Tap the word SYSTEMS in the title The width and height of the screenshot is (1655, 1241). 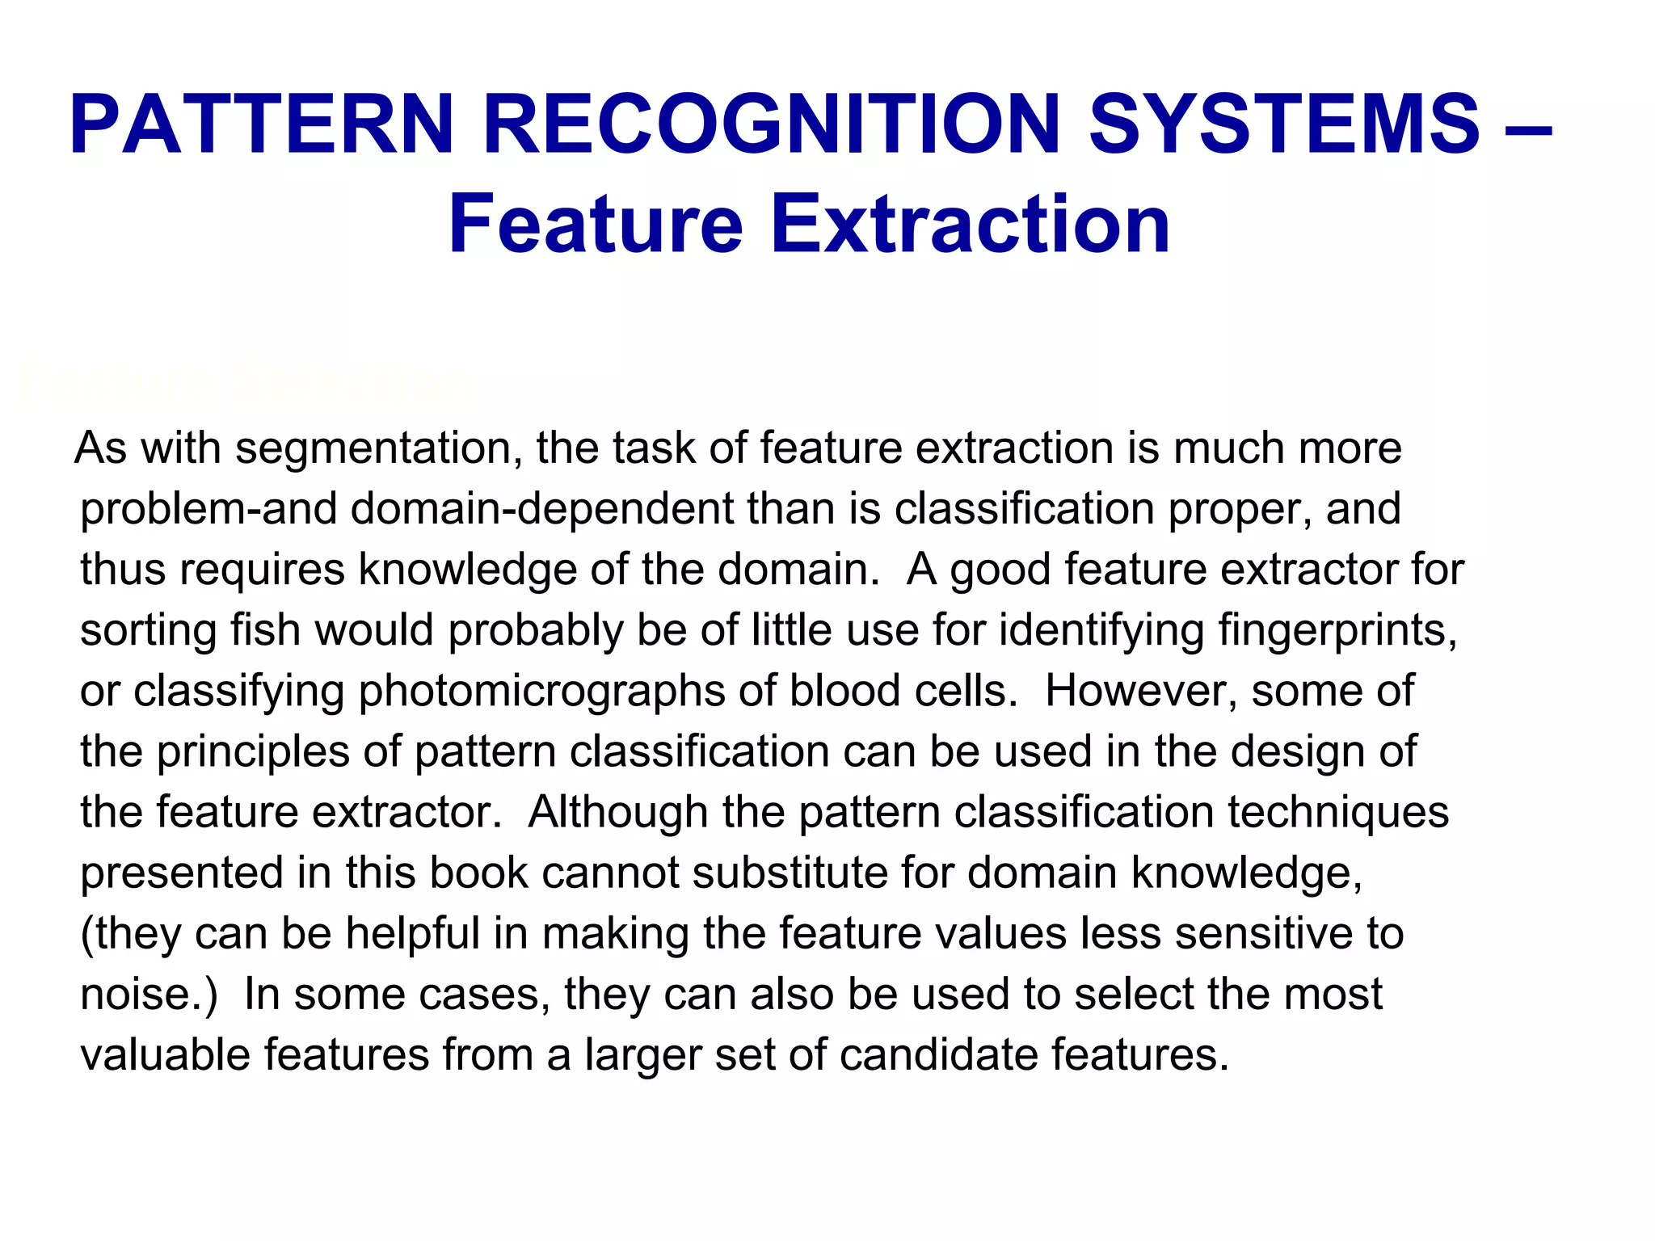[1285, 125]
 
